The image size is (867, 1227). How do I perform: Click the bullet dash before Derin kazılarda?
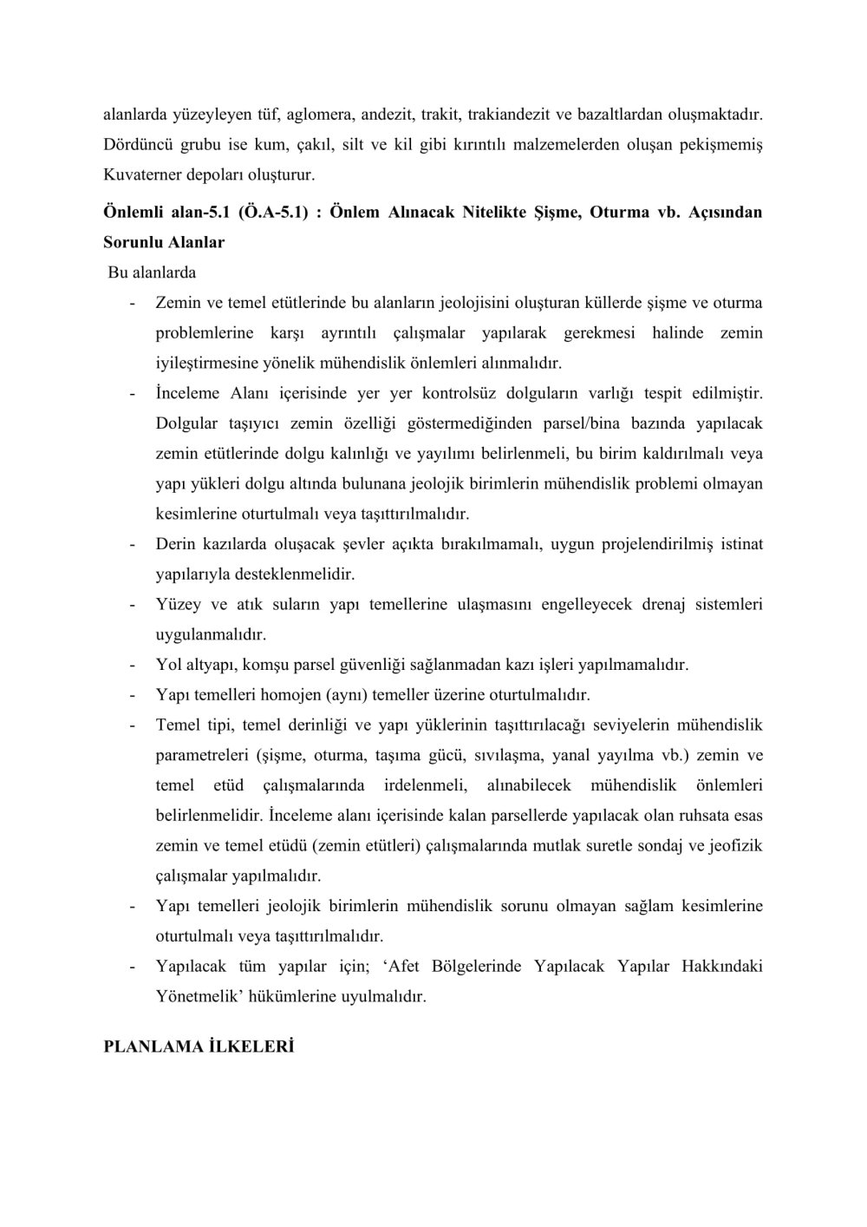(132, 544)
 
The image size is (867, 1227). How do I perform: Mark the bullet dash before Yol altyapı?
(132, 665)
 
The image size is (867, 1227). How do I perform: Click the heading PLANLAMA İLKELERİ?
(199, 1047)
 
